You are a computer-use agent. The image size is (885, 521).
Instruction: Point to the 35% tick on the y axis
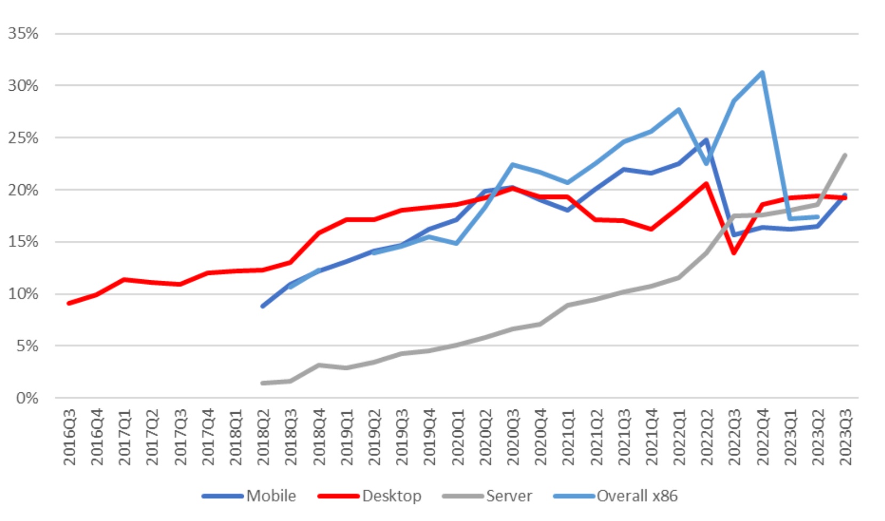(23, 34)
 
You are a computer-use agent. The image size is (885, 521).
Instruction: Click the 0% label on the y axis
(27, 398)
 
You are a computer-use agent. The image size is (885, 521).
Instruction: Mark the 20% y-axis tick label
(23, 190)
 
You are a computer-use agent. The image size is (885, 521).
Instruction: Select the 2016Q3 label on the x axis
(70, 437)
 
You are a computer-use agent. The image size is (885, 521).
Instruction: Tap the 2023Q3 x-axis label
(846, 437)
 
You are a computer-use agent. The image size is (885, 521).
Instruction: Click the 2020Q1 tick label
(458, 437)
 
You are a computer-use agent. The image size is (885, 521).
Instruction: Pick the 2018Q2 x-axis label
(264, 437)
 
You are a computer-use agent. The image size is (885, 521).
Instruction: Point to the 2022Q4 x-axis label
(762, 437)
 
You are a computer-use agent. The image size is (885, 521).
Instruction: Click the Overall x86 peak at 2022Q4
(762, 72)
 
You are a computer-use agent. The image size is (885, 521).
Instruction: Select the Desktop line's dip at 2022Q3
(735, 253)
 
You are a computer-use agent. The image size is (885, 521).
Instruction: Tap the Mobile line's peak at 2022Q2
(707, 140)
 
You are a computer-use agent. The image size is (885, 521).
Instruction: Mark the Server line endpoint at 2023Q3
(845, 155)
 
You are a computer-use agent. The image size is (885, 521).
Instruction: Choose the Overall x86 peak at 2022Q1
(679, 109)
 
